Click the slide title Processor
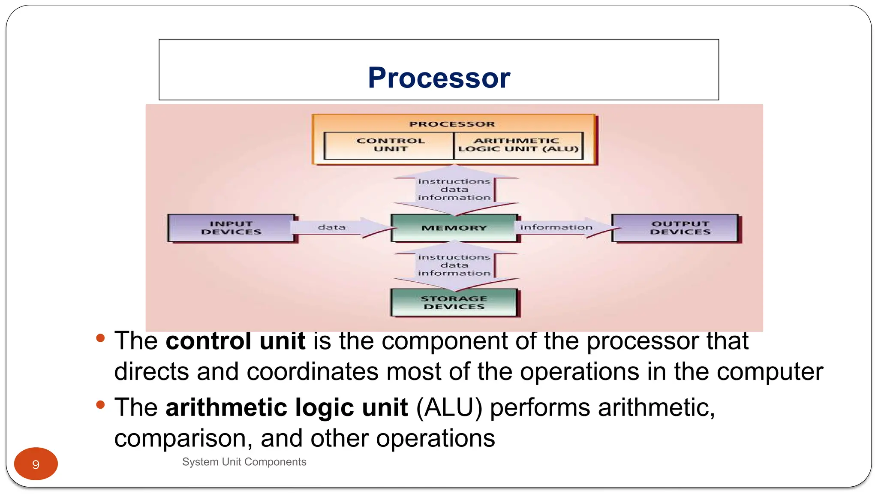point(439,78)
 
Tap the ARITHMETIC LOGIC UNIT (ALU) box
point(518,145)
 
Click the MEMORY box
point(454,228)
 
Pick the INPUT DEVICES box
point(232,228)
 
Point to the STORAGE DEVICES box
point(454,303)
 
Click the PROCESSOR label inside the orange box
point(452,124)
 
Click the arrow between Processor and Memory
point(454,190)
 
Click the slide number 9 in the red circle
point(36,464)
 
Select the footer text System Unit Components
point(244,462)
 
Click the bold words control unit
point(235,341)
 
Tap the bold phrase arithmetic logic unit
point(286,407)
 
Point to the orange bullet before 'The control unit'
point(101,338)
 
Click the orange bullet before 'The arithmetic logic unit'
point(101,405)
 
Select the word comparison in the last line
point(183,438)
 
